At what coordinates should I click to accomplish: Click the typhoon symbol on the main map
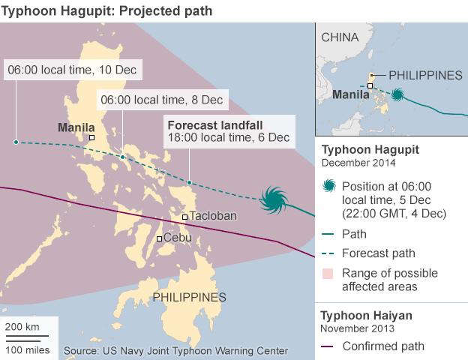point(271,200)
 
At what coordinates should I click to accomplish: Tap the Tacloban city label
point(213,216)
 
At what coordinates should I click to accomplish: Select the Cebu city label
point(177,238)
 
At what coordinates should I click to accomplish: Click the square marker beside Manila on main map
point(91,137)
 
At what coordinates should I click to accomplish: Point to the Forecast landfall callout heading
point(217,124)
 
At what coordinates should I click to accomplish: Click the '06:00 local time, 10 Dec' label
point(73,71)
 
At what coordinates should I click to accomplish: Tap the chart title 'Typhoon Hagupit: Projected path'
point(108,11)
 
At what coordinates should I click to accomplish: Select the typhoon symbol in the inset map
point(397,95)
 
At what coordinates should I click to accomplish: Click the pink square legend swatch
point(328,273)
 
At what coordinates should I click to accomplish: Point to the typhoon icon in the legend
point(328,187)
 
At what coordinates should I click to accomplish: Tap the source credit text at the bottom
point(176,350)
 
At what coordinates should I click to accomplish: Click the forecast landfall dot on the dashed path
point(190,182)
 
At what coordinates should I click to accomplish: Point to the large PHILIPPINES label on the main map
point(189,298)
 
